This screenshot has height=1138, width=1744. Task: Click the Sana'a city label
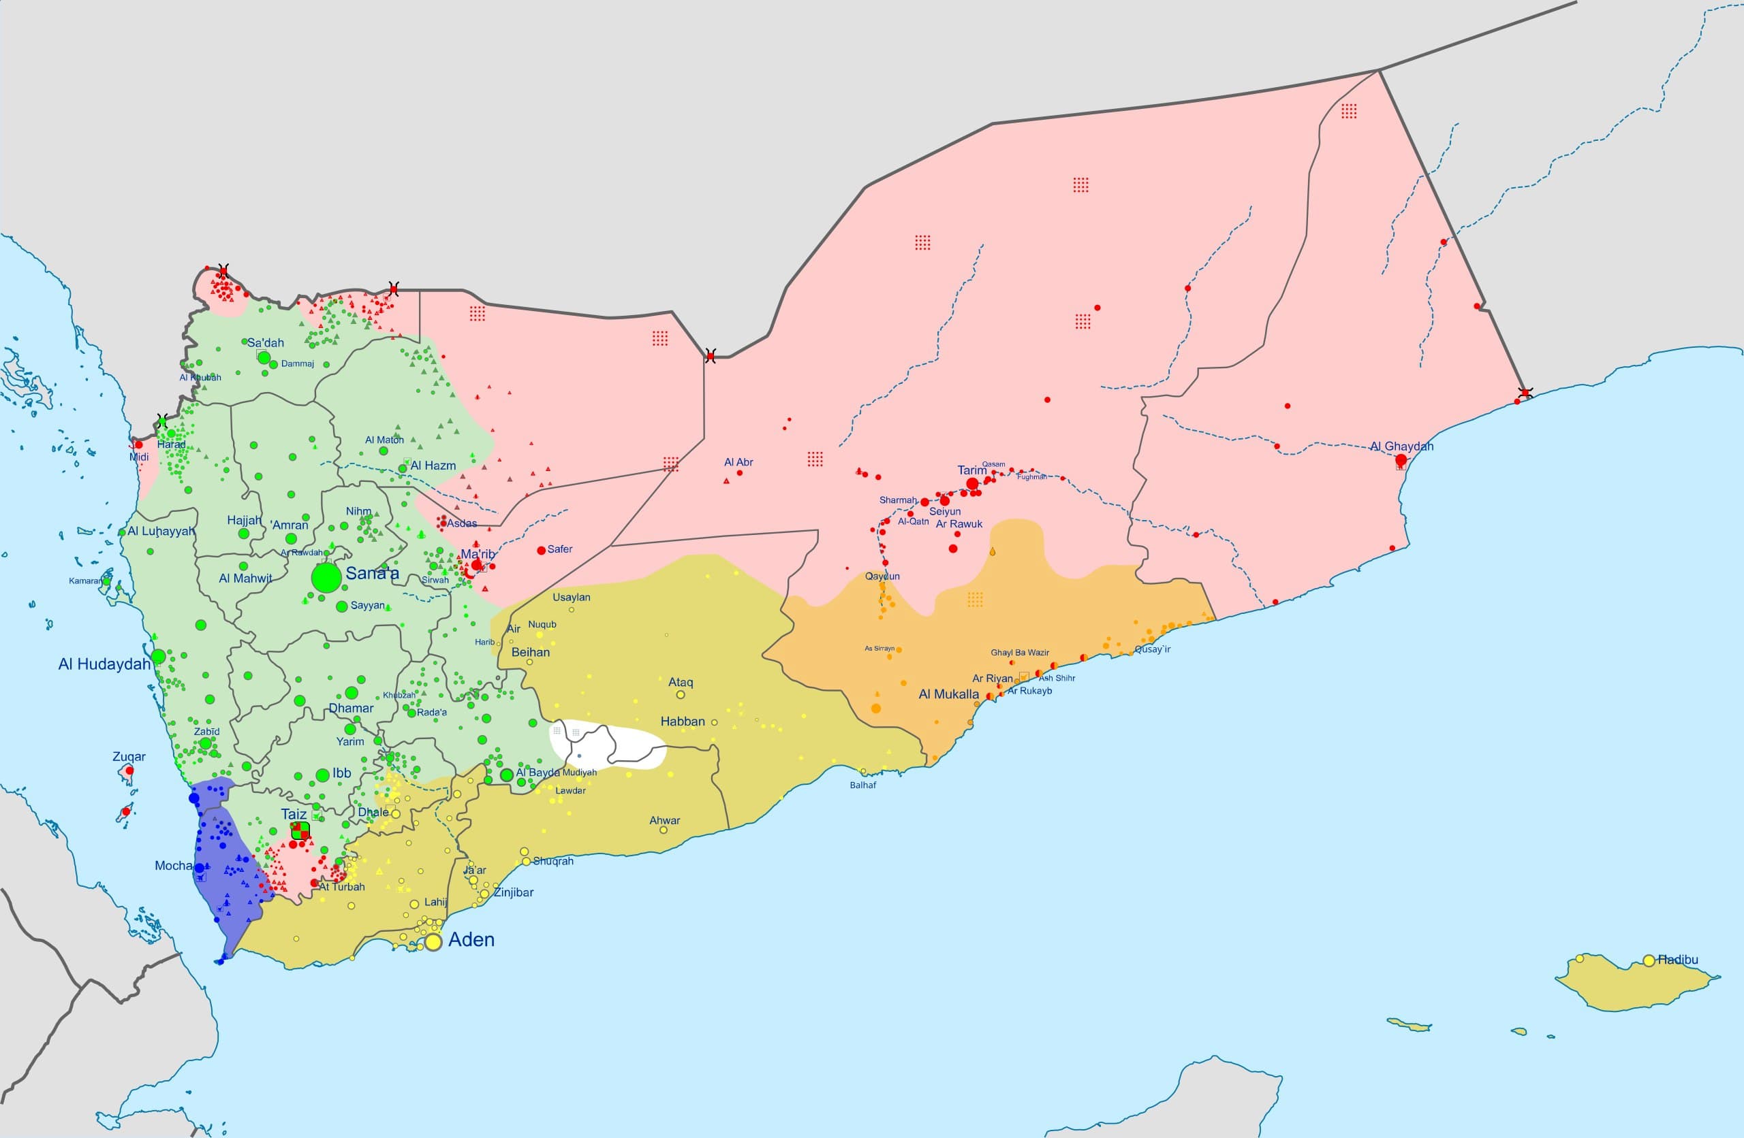point(372,573)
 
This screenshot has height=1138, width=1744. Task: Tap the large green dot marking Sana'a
point(326,578)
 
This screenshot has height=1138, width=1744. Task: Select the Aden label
point(471,939)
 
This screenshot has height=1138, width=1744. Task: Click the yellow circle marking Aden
point(433,943)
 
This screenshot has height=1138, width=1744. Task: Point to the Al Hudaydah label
point(104,664)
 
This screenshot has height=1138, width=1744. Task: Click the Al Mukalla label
point(948,694)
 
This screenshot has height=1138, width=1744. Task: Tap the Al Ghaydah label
point(1401,446)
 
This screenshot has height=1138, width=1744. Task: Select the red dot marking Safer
point(542,550)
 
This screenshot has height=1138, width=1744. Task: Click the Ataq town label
point(680,682)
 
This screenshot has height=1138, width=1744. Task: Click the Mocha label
point(173,866)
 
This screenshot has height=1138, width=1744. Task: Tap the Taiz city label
point(294,814)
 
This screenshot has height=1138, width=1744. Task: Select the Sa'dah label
point(265,343)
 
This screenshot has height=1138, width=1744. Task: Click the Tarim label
point(971,470)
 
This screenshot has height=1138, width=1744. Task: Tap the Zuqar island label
point(129,756)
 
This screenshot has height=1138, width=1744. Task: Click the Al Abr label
point(738,462)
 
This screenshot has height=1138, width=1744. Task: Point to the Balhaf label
point(862,785)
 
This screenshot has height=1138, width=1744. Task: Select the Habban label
point(682,721)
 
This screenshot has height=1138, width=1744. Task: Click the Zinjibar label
point(513,892)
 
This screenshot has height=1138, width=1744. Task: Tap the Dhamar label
point(350,708)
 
